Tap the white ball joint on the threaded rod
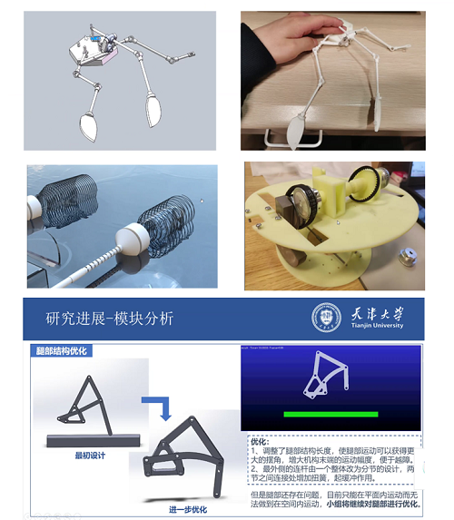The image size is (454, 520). (141, 242)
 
